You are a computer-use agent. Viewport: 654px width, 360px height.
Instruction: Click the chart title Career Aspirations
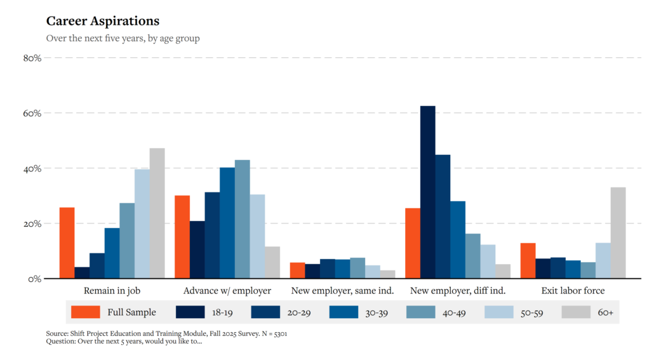tap(103, 21)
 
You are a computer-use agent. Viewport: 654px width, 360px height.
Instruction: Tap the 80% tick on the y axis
tap(32, 58)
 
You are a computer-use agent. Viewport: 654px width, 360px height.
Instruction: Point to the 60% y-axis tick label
tap(32, 114)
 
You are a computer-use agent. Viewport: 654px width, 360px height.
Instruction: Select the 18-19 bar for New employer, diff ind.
tap(427, 192)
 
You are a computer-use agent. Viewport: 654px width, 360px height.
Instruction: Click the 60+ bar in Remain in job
tap(157, 213)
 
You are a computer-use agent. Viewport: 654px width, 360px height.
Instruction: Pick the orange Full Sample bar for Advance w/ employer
tap(182, 237)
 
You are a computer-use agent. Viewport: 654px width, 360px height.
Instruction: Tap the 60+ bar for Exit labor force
tap(618, 233)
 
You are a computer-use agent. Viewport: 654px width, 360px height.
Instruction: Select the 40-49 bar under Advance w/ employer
tap(243, 219)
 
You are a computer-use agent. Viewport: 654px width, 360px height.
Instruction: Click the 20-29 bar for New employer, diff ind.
tap(443, 217)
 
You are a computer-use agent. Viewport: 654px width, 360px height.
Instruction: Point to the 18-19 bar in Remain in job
tap(82, 273)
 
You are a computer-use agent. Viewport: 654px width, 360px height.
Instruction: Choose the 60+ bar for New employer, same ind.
tap(387, 274)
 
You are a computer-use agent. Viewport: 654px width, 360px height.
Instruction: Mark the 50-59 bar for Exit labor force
tap(603, 261)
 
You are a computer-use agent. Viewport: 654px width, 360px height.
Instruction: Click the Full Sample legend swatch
tap(86, 312)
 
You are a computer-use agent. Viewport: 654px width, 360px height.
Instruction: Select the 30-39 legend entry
tap(358, 312)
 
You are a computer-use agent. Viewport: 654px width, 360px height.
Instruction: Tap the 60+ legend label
tap(606, 312)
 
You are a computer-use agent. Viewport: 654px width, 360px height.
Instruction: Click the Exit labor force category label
tap(573, 291)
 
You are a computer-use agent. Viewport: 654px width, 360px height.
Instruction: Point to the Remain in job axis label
tap(112, 291)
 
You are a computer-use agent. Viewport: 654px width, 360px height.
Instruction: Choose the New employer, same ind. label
tap(342, 291)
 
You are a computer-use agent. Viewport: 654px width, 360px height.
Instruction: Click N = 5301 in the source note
tap(274, 334)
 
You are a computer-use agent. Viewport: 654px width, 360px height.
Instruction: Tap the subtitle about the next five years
tap(123, 38)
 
